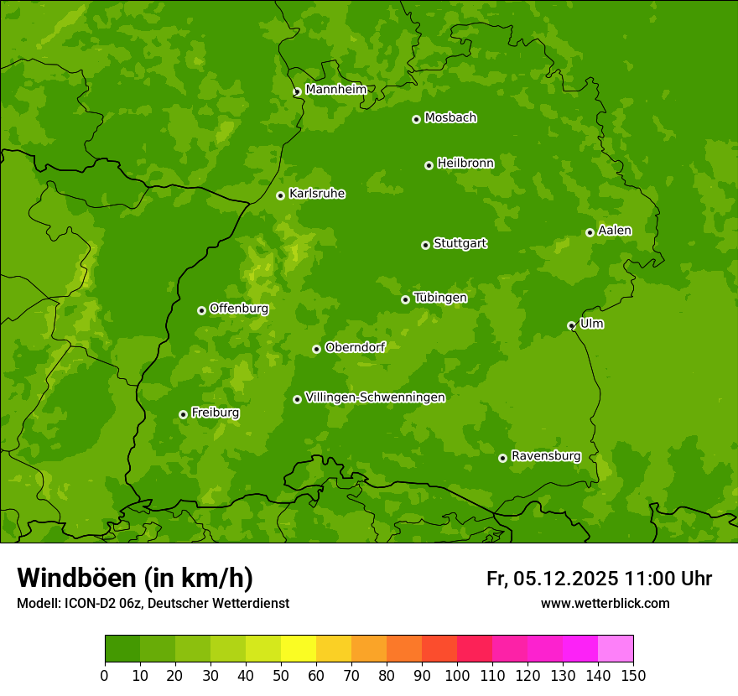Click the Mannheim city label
[335, 90]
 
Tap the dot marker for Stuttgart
[425, 245]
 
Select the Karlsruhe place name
[317, 194]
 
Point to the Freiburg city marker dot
[183, 414]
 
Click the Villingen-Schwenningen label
[375, 397]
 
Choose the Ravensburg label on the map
[546, 456]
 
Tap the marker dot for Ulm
[571, 325]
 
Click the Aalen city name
[615, 231]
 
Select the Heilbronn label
[465, 164]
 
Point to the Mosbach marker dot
[416, 119]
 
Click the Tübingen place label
[440, 298]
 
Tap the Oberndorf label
[355, 347]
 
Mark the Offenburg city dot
[201, 310]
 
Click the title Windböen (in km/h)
[135, 578]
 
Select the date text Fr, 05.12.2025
[552, 579]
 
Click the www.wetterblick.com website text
[605, 604]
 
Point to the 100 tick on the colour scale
[457, 675]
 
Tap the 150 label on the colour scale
[633, 675]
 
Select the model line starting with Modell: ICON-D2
[153, 604]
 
